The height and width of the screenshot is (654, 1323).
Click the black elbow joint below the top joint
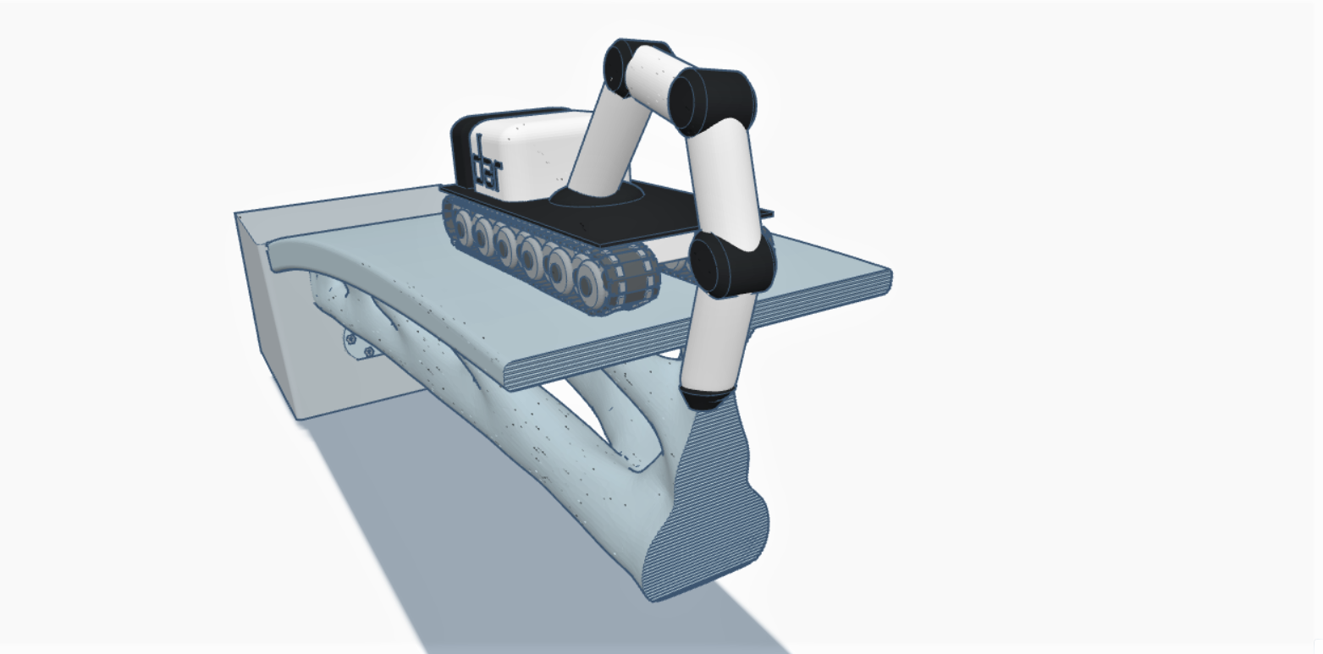tap(715, 100)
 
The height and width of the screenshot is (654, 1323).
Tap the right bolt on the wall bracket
tap(367, 352)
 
